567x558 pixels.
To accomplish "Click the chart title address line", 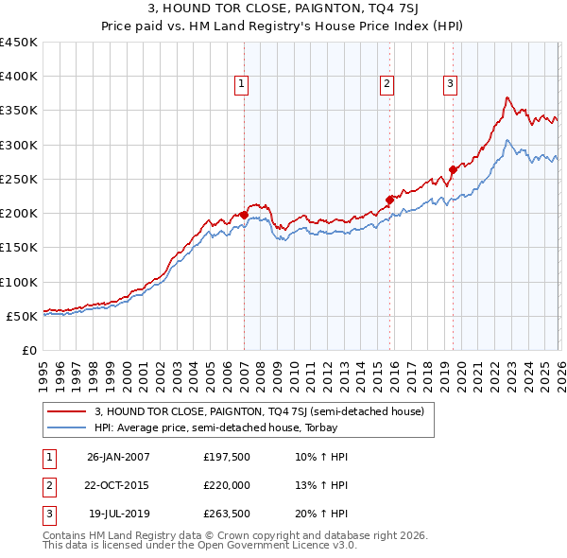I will [x=283, y=10].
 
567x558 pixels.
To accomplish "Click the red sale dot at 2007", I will [x=244, y=215].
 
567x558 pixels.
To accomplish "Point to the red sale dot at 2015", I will [x=389, y=199].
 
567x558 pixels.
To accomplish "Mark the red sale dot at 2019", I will [x=453, y=169].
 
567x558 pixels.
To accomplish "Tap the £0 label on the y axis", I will [x=28, y=350].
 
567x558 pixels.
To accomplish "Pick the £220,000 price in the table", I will [x=227, y=487].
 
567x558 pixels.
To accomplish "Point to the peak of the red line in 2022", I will [x=507, y=97].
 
